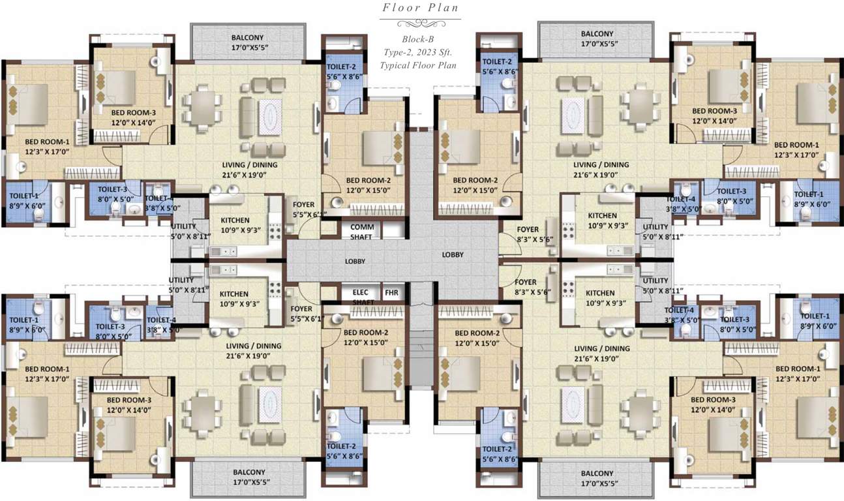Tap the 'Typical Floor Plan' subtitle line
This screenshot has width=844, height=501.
(x=418, y=65)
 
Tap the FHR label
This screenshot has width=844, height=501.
(x=391, y=293)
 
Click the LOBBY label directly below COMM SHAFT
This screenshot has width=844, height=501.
(x=355, y=262)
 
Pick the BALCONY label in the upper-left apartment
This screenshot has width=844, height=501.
(x=247, y=36)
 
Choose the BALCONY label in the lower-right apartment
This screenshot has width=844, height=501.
(x=596, y=473)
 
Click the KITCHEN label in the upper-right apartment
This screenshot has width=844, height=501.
(x=602, y=216)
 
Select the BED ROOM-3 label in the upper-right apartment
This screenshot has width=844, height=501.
(x=714, y=112)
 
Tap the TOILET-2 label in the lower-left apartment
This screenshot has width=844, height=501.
(x=340, y=446)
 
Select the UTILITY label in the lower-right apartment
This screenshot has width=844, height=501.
(x=654, y=281)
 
